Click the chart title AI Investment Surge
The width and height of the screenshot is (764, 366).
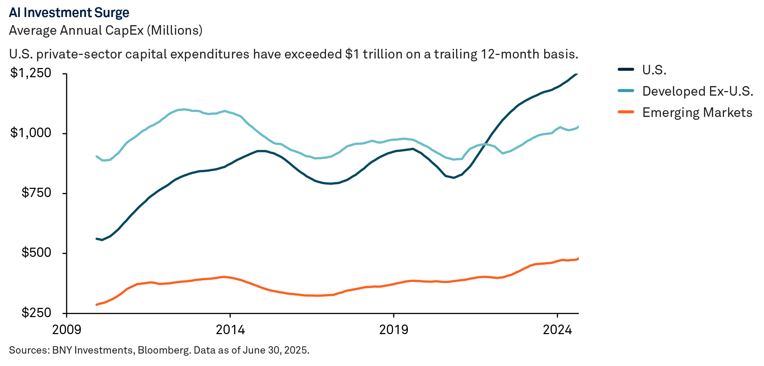69,13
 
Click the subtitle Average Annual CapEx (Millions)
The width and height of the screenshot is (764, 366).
106,30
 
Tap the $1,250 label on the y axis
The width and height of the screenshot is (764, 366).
31,73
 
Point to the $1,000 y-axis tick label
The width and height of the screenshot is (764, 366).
31,133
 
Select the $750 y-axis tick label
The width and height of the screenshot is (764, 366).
36,193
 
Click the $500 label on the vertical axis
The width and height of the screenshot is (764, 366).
36,253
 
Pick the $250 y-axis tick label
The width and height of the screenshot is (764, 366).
36,313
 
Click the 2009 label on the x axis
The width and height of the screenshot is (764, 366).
67,330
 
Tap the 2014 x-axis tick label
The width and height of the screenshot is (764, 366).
230,330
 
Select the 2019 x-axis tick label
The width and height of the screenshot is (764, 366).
393,330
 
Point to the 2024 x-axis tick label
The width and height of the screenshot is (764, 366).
557,330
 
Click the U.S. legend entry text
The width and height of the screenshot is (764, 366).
654,70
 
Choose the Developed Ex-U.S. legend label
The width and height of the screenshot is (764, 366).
697,91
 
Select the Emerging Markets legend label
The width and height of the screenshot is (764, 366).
697,113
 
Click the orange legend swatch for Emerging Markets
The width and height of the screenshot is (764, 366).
626,112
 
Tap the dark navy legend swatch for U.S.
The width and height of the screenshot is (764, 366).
626,69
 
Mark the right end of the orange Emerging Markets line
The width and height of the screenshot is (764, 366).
578,258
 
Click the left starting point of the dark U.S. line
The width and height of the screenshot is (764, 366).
97,239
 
